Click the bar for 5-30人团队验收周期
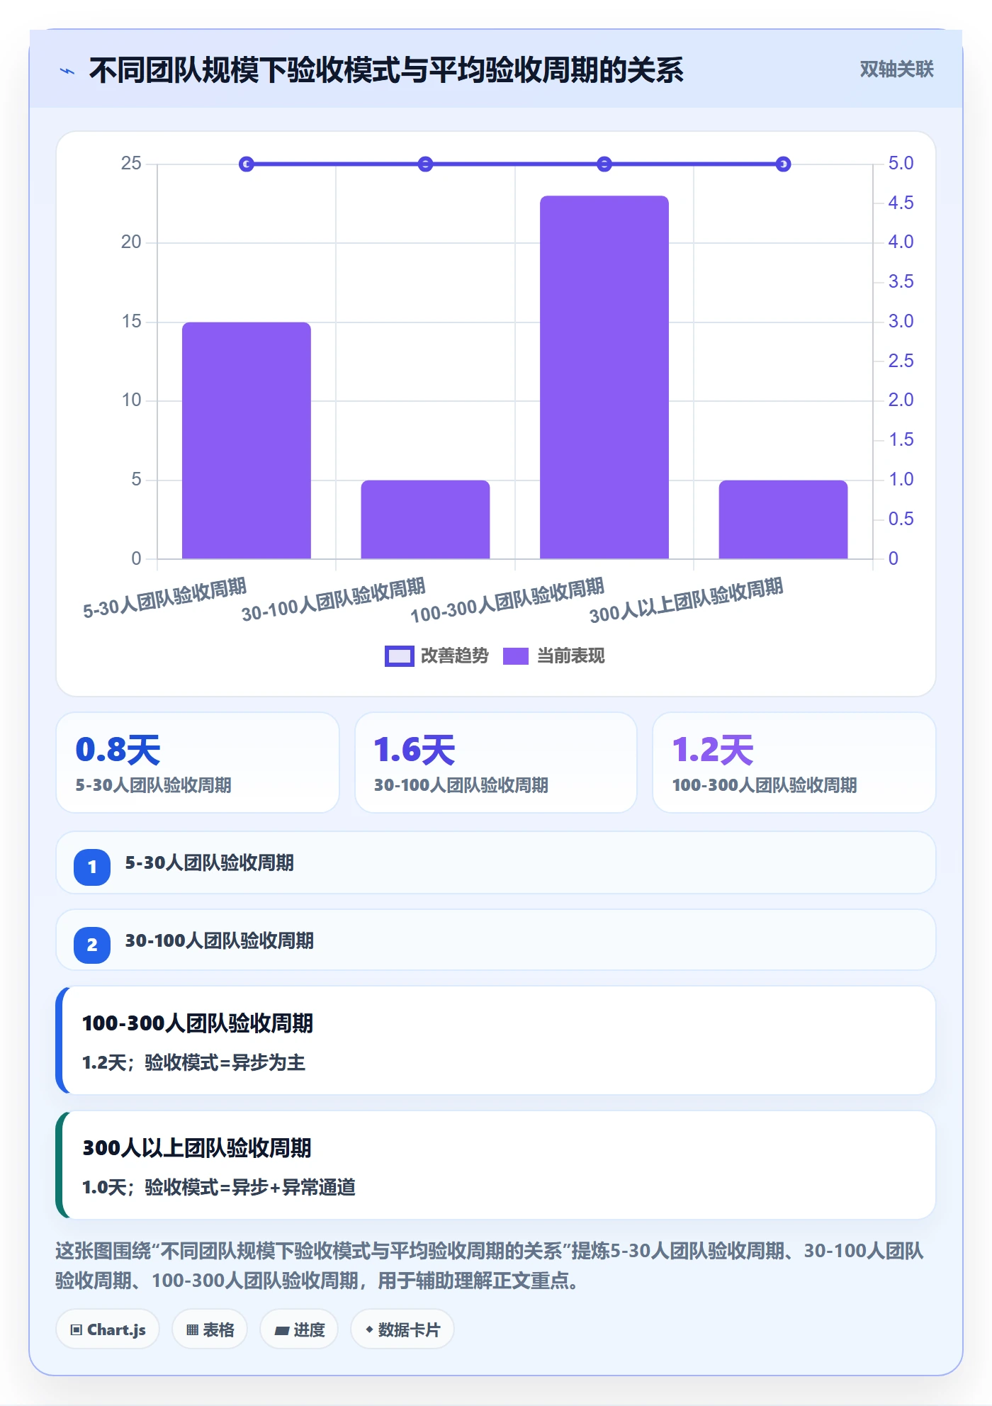click(247, 440)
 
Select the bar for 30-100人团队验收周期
click(425, 519)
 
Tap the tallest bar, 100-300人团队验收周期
click(604, 377)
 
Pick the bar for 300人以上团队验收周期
click(783, 519)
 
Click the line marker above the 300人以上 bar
click(783, 164)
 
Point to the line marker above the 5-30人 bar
click(247, 164)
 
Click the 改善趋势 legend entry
click(436, 656)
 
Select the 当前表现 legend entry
click(554, 656)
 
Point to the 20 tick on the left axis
click(131, 242)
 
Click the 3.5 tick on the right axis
click(901, 282)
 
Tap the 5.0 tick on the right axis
click(901, 164)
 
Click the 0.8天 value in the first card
click(118, 750)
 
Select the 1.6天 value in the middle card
click(415, 750)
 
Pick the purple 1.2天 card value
click(713, 750)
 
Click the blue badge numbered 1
click(92, 867)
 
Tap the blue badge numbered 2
click(92, 945)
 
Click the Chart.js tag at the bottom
click(108, 1329)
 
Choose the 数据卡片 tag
click(402, 1329)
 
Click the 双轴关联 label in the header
click(896, 69)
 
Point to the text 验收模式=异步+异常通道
click(250, 1187)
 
